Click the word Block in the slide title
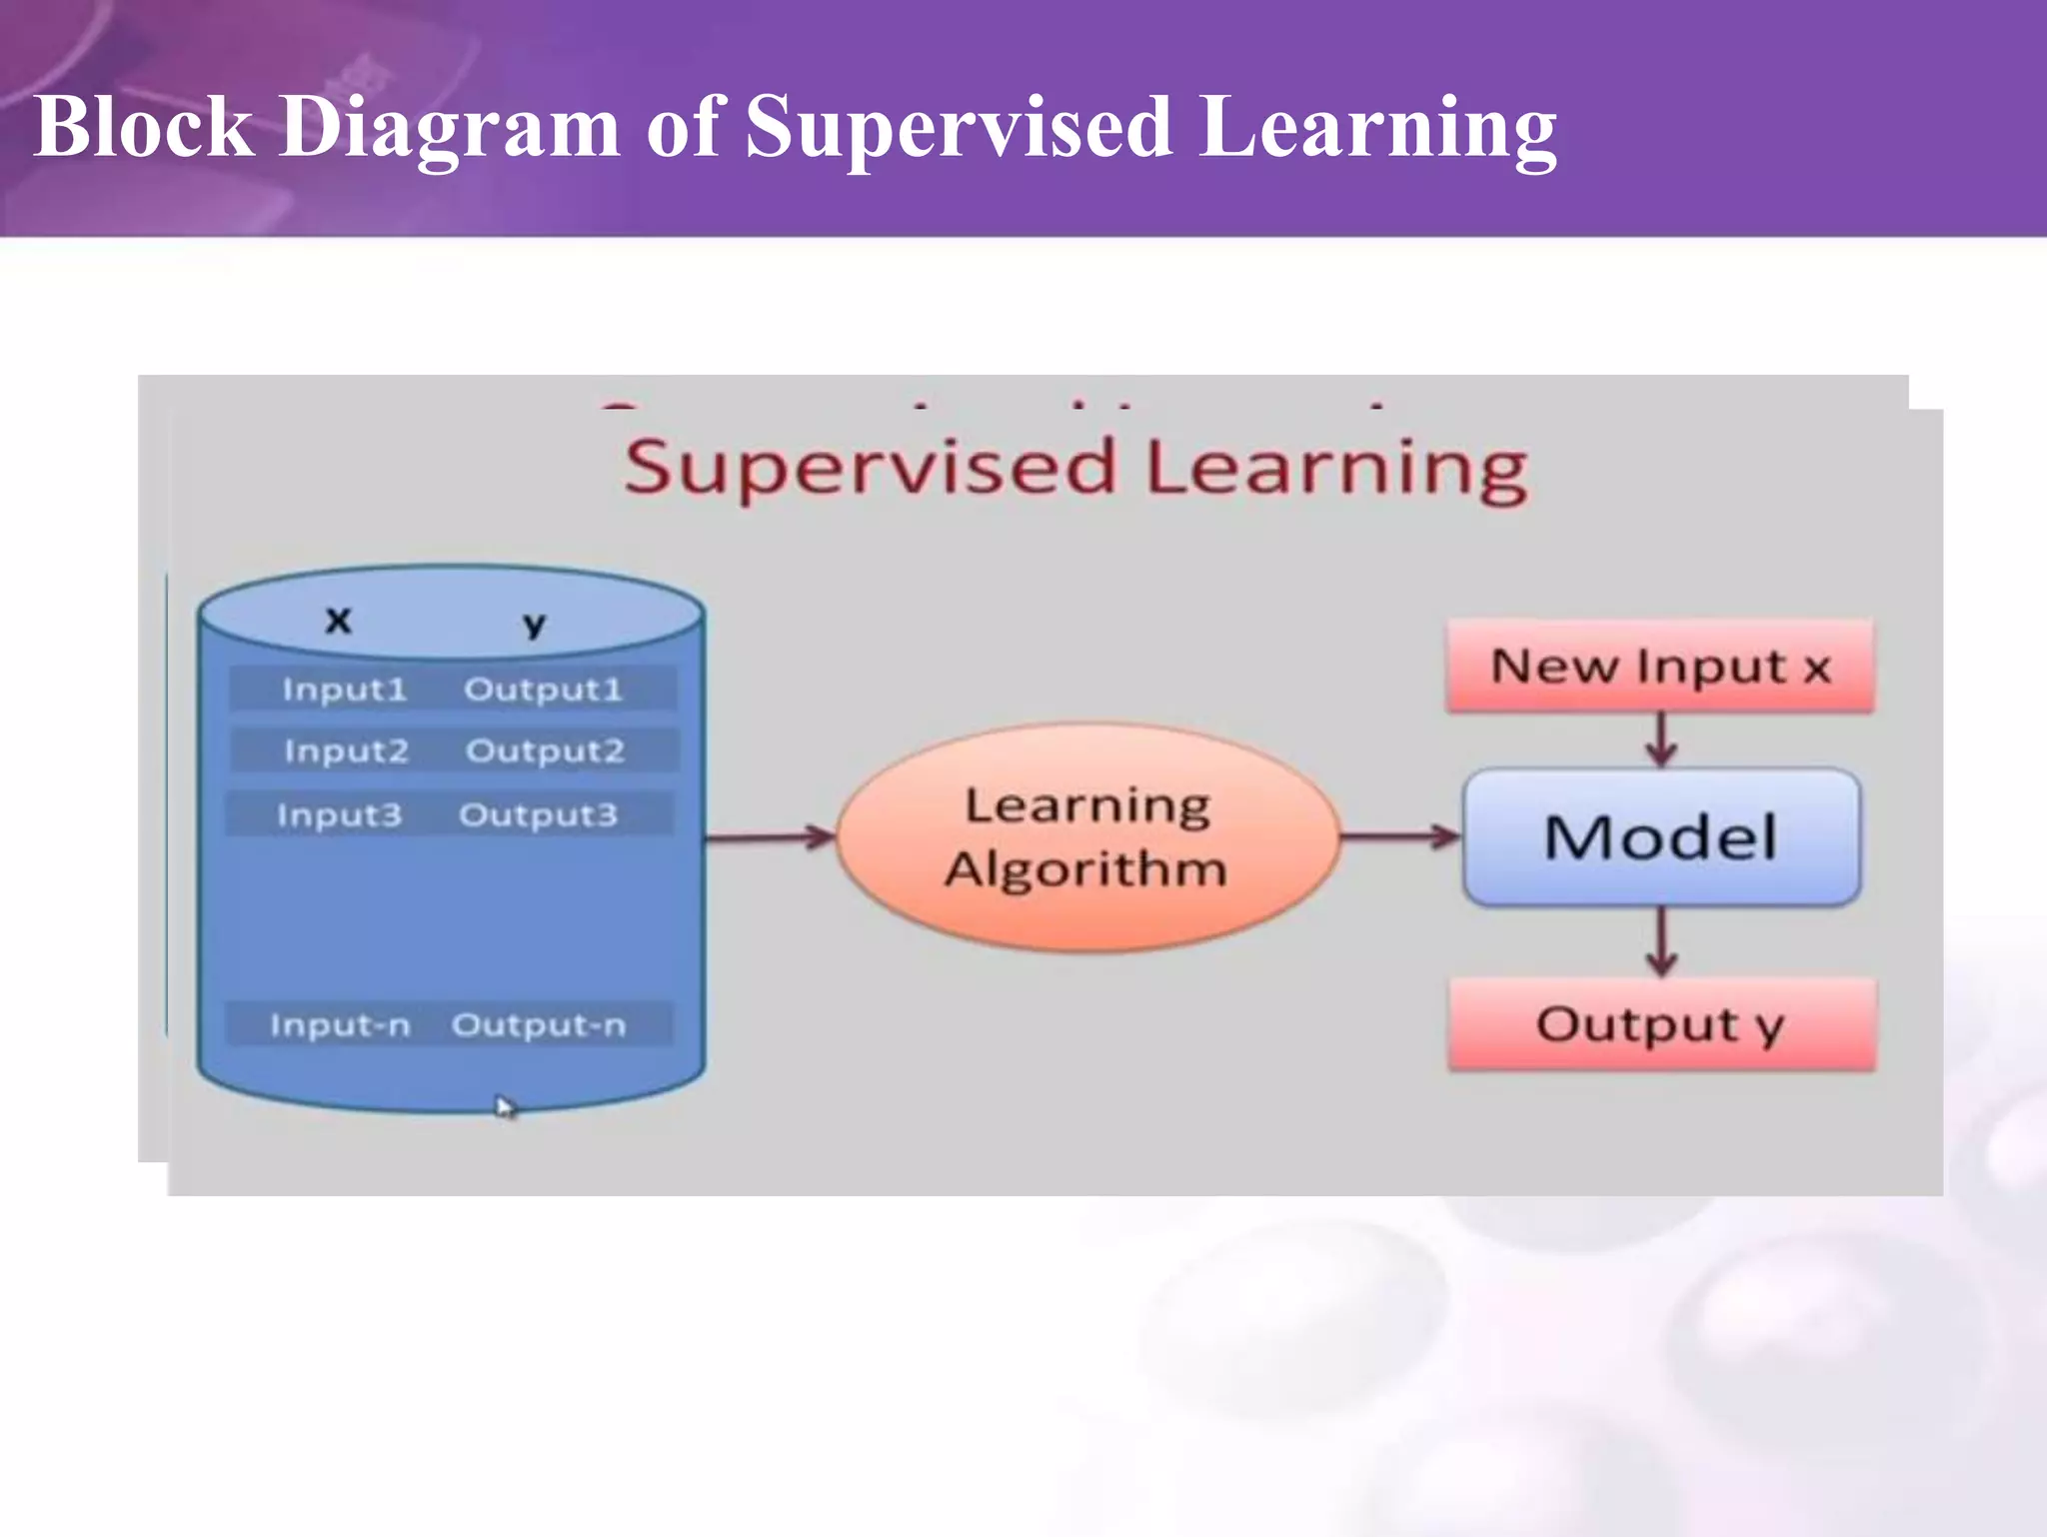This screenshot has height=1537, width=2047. pyautogui.click(x=143, y=127)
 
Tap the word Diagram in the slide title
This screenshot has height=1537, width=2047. pyautogui.click(x=449, y=127)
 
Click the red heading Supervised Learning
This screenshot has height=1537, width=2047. pyautogui.click(x=1075, y=468)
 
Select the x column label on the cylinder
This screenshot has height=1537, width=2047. pyautogui.click(x=339, y=621)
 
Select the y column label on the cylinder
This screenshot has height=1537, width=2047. pyautogui.click(x=534, y=625)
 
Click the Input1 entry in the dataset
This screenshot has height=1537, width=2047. pyautogui.click(x=345, y=690)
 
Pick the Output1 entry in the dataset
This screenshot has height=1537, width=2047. pyautogui.click(x=543, y=690)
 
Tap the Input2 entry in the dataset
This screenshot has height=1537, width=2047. pyautogui.click(x=346, y=751)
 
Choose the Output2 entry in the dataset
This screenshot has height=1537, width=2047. pyautogui.click(x=545, y=751)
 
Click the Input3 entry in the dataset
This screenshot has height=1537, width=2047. pyautogui.click(x=339, y=815)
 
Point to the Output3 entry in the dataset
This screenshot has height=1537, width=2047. pyautogui.click(x=538, y=815)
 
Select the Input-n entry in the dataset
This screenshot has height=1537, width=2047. pyautogui.click(x=340, y=1025)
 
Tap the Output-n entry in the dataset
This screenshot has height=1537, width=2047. pyautogui.click(x=539, y=1025)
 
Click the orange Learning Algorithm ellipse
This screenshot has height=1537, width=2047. pyautogui.click(x=1086, y=837)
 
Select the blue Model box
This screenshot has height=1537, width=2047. pyautogui.click(x=1660, y=837)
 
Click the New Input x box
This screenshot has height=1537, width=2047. pyautogui.click(x=1660, y=667)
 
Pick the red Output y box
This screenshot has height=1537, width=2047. pyautogui.click(x=1661, y=1025)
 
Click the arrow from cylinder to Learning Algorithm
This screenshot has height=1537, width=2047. pyautogui.click(x=770, y=837)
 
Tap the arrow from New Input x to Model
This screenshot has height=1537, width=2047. pyautogui.click(x=1661, y=740)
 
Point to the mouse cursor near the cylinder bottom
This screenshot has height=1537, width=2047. pyautogui.click(x=505, y=1106)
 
